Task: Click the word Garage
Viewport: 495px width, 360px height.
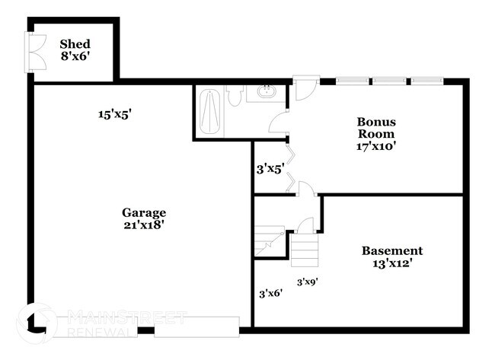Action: (143, 212)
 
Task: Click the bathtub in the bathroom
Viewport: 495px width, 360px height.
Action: (209, 113)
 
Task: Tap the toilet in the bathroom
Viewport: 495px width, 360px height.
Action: (235, 97)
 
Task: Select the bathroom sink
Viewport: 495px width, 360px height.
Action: (267, 94)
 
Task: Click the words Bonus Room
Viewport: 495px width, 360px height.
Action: (376, 127)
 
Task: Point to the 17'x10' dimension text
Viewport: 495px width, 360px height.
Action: (376, 147)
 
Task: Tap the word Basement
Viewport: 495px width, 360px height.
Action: (391, 250)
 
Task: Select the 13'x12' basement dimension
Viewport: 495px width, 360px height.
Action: (391, 263)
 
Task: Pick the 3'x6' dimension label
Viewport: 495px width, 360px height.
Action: (270, 292)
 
